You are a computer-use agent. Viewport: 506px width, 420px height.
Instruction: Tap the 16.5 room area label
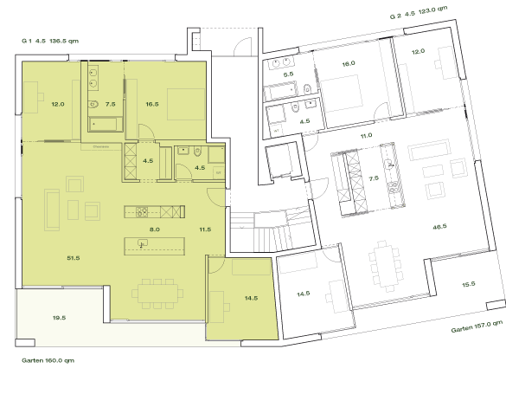[x=151, y=104]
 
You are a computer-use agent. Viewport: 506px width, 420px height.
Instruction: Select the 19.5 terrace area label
[x=59, y=318]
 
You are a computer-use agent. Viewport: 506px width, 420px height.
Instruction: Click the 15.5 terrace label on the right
[x=468, y=285]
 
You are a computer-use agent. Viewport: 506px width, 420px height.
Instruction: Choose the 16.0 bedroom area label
[x=349, y=64]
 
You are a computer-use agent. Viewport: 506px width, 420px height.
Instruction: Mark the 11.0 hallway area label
[x=366, y=136]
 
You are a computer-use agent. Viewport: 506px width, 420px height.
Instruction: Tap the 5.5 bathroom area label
[x=289, y=74]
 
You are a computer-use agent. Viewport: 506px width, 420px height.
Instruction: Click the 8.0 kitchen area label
[x=155, y=229]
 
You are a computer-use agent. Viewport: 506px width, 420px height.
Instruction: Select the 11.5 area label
[x=205, y=229]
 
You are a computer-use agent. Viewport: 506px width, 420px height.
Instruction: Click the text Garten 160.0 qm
[x=48, y=359]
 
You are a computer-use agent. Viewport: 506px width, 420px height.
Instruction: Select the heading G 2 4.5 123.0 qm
[x=419, y=13]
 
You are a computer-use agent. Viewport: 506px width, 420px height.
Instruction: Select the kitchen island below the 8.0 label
[x=154, y=243]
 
